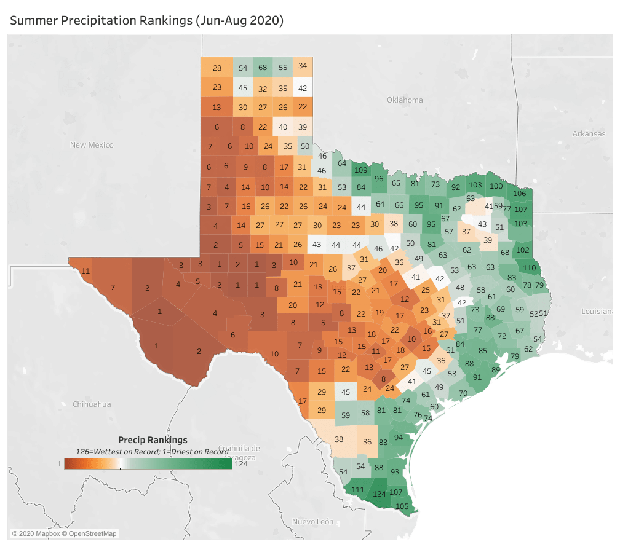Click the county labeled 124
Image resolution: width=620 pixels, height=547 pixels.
[380, 494]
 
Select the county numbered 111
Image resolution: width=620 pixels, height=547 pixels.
[357, 490]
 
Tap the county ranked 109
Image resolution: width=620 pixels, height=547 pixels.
[361, 170]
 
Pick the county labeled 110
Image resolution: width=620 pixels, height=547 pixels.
[529, 267]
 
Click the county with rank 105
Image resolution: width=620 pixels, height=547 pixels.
[402, 506]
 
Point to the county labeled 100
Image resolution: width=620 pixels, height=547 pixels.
[496, 186]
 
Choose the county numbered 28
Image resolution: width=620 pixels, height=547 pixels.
[217, 68]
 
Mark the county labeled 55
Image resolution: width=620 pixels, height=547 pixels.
[283, 67]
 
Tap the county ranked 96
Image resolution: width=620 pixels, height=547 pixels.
[380, 179]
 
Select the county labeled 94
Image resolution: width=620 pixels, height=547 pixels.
[399, 437]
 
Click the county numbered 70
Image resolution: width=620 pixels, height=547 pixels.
[463, 393]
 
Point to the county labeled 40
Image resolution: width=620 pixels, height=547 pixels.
[283, 127]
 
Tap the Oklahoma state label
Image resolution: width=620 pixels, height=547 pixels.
[405, 100]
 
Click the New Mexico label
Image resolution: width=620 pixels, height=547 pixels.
[92, 144]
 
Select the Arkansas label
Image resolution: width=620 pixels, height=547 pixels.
[589, 133]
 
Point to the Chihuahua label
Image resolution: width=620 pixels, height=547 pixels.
[92, 404]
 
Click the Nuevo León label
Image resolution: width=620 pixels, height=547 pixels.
[312, 522]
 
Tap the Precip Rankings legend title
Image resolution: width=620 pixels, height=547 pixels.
[152, 440]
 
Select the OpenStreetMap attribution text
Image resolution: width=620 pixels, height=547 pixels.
[92, 533]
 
